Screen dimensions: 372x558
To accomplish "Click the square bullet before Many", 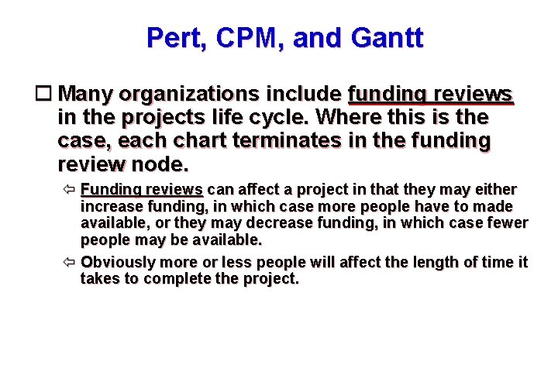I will coord(46,95).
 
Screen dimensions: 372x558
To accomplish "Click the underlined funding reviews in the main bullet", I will coord(430,95).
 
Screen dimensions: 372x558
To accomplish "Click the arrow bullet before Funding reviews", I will coord(69,190).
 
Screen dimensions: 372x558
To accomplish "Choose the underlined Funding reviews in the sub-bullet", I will coord(142,190).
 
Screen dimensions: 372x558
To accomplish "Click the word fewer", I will coord(505,223).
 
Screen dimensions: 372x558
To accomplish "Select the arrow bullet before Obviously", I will coord(69,262).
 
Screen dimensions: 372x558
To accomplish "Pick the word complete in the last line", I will coord(183,279).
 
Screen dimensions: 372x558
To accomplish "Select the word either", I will coord(498,190).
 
